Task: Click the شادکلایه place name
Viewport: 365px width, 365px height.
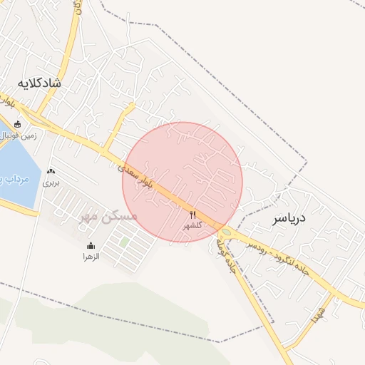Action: click(40, 83)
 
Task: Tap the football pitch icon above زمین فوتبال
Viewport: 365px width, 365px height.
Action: click(17, 123)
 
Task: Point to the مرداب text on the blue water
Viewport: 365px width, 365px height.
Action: click(16, 178)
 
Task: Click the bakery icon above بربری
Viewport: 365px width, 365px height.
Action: click(51, 172)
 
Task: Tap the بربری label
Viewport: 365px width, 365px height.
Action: click(51, 182)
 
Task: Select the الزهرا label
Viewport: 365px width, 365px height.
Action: click(91, 255)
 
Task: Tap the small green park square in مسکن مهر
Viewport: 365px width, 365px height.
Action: click(124, 243)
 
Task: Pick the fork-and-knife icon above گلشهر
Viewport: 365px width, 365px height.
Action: click(192, 215)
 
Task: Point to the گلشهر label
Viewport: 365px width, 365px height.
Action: click(192, 225)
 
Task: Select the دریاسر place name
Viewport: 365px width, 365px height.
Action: click(288, 220)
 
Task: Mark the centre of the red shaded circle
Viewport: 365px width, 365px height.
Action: click(182, 182)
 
